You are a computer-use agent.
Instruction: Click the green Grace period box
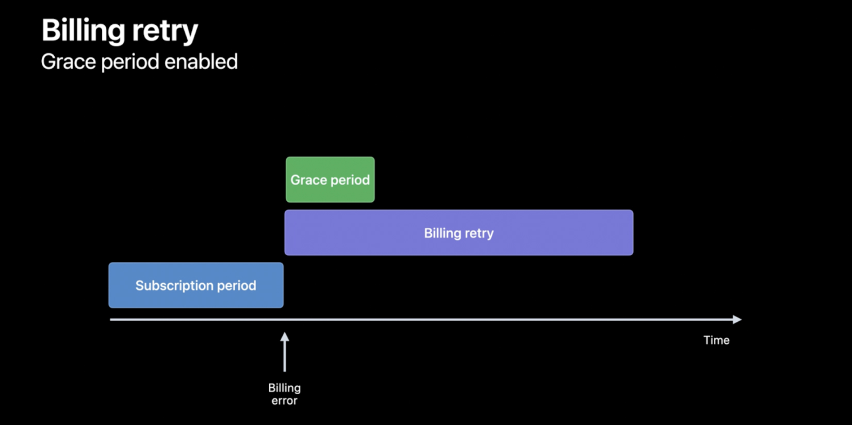(330, 179)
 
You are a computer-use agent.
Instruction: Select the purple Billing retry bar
(458, 233)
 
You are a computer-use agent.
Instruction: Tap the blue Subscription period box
(196, 285)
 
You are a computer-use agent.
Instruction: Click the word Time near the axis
(716, 340)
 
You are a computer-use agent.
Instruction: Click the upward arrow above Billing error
(285, 352)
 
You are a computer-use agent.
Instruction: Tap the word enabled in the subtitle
(201, 62)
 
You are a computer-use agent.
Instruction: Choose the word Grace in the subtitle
(69, 62)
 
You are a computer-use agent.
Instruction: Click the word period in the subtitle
(129, 62)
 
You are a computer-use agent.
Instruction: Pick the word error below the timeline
(285, 401)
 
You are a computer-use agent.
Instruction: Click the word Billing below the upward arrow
(285, 388)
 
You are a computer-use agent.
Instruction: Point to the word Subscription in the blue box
(174, 286)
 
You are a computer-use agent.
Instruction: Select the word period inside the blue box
(237, 286)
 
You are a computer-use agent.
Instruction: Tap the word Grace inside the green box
(308, 180)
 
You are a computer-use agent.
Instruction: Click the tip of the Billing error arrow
(285, 333)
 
